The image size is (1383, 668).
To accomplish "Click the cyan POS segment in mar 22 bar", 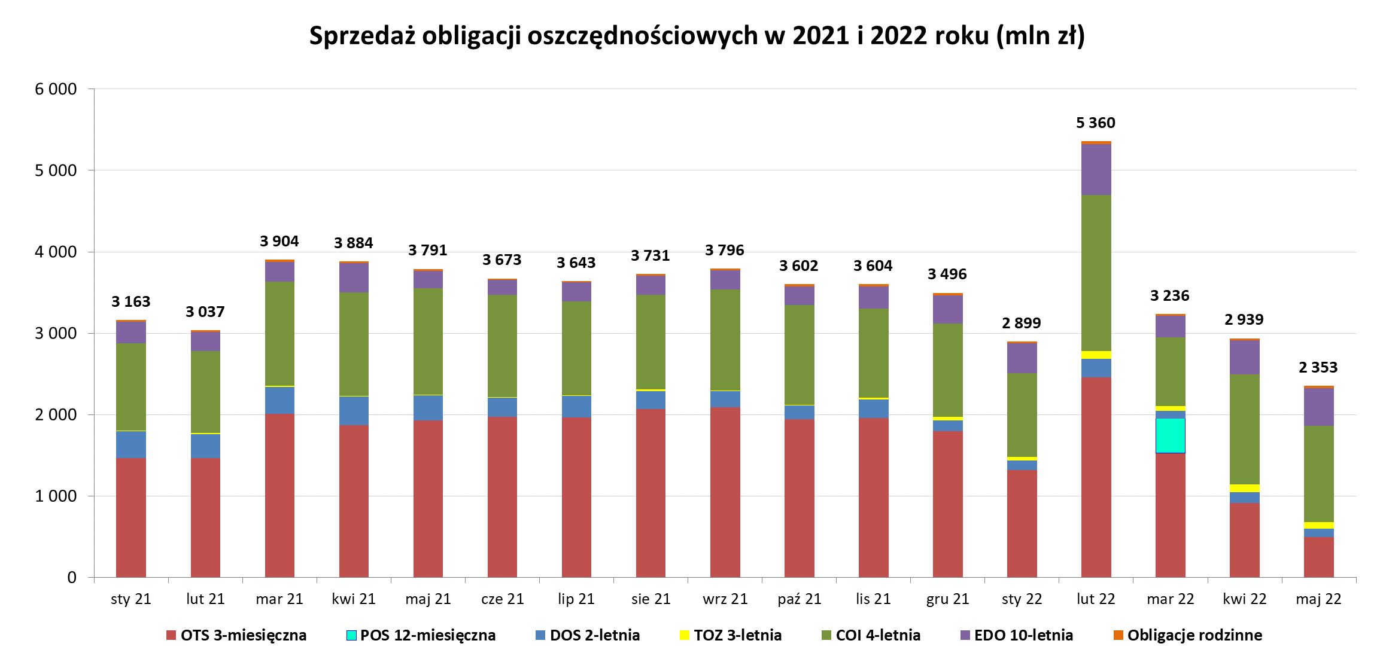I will point(1170,435).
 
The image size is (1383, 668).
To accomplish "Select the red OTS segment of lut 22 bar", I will point(1096,477).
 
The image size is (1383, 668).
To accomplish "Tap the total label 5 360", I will point(1095,123).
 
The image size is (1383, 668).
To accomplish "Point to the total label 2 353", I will point(1318,367).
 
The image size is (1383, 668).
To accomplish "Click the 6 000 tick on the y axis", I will point(56,89).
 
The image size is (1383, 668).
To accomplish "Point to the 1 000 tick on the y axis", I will point(56,496).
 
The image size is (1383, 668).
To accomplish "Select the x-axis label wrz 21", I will point(725,599).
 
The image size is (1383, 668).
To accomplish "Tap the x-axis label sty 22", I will point(1022,599).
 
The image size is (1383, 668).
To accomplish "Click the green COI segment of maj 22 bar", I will point(1318,474).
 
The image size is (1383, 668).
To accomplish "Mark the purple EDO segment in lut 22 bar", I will point(1096,169).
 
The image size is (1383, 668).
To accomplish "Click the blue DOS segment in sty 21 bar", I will point(130,444).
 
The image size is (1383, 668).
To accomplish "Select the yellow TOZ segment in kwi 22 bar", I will point(1244,488).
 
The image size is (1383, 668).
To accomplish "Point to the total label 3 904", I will point(279,242).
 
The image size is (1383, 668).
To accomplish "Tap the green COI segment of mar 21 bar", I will point(279,334).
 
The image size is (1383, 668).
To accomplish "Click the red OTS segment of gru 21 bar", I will point(947,504).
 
